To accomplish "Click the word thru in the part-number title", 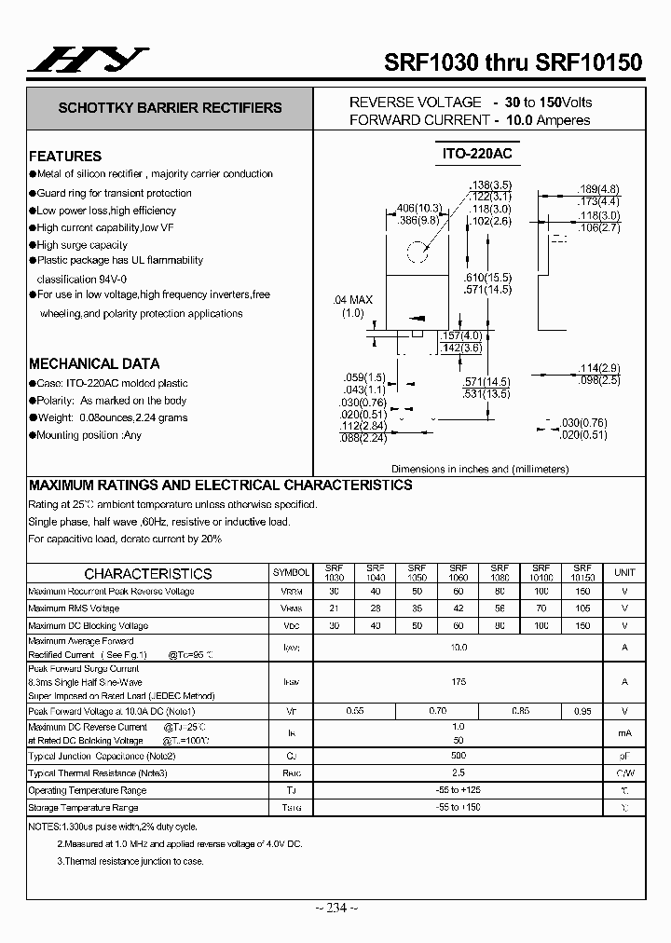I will pyautogui.click(x=485, y=63).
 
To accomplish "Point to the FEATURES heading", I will pyautogui.click(x=65, y=157).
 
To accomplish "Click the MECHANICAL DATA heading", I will pyautogui.click(x=94, y=364).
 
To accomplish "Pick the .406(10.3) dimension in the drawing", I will pyautogui.click(x=418, y=207).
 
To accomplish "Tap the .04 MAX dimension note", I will pyautogui.click(x=352, y=300).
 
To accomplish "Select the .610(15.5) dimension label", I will pyautogui.click(x=488, y=279).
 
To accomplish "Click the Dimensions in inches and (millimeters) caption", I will pyautogui.click(x=480, y=470).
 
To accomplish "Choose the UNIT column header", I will pyautogui.click(x=624, y=573).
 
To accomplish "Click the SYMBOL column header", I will pyautogui.click(x=292, y=573).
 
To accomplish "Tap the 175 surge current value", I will pyautogui.click(x=459, y=682).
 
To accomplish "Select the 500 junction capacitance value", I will pyautogui.click(x=459, y=756).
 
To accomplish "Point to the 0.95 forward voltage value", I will pyautogui.click(x=582, y=711).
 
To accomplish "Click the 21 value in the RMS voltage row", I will pyautogui.click(x=334, y=608).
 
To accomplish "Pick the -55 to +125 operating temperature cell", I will pyautogui.click(x=459, y=790).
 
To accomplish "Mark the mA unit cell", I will pyautogui.click(x=624, y=733).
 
